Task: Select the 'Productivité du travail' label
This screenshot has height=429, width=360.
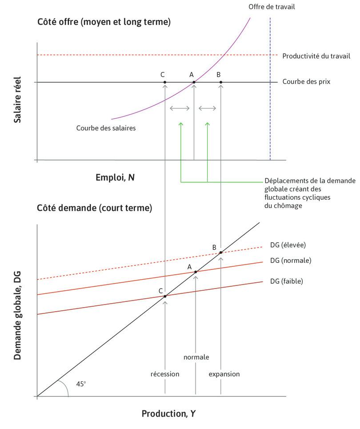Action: [x=316, y=56]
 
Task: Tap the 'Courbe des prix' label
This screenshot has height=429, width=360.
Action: [x=306, y=82]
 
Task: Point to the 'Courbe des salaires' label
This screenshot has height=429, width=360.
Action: [x=105, y=128]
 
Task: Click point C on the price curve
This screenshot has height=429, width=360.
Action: [x=165, y=82]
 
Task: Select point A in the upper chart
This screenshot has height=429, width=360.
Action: [x=194, y=82]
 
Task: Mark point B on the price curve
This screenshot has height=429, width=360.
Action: [x=221, y=82]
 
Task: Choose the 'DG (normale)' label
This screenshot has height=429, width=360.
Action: [x=290, y=261]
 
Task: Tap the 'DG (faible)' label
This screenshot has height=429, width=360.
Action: [x=286, y=281]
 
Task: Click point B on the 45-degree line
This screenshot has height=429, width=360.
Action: [x=221, y=253]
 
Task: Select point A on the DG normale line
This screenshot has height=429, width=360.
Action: [x=196, y=271]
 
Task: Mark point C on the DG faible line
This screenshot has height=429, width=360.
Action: [x=165, y=296]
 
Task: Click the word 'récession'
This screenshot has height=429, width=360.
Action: [x=165, y=374]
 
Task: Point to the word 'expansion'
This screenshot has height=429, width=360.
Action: [x=224, y=374]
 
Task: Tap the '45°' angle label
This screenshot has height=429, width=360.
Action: [x=80, y=383]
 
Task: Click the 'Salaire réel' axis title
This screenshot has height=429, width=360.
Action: [x=18, y=102]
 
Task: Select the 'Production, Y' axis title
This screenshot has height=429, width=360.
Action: [x=168, y=414]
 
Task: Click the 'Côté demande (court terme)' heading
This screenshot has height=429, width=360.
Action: [x=94, y=208]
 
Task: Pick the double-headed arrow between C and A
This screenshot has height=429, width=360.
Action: [x=180, y=108]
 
